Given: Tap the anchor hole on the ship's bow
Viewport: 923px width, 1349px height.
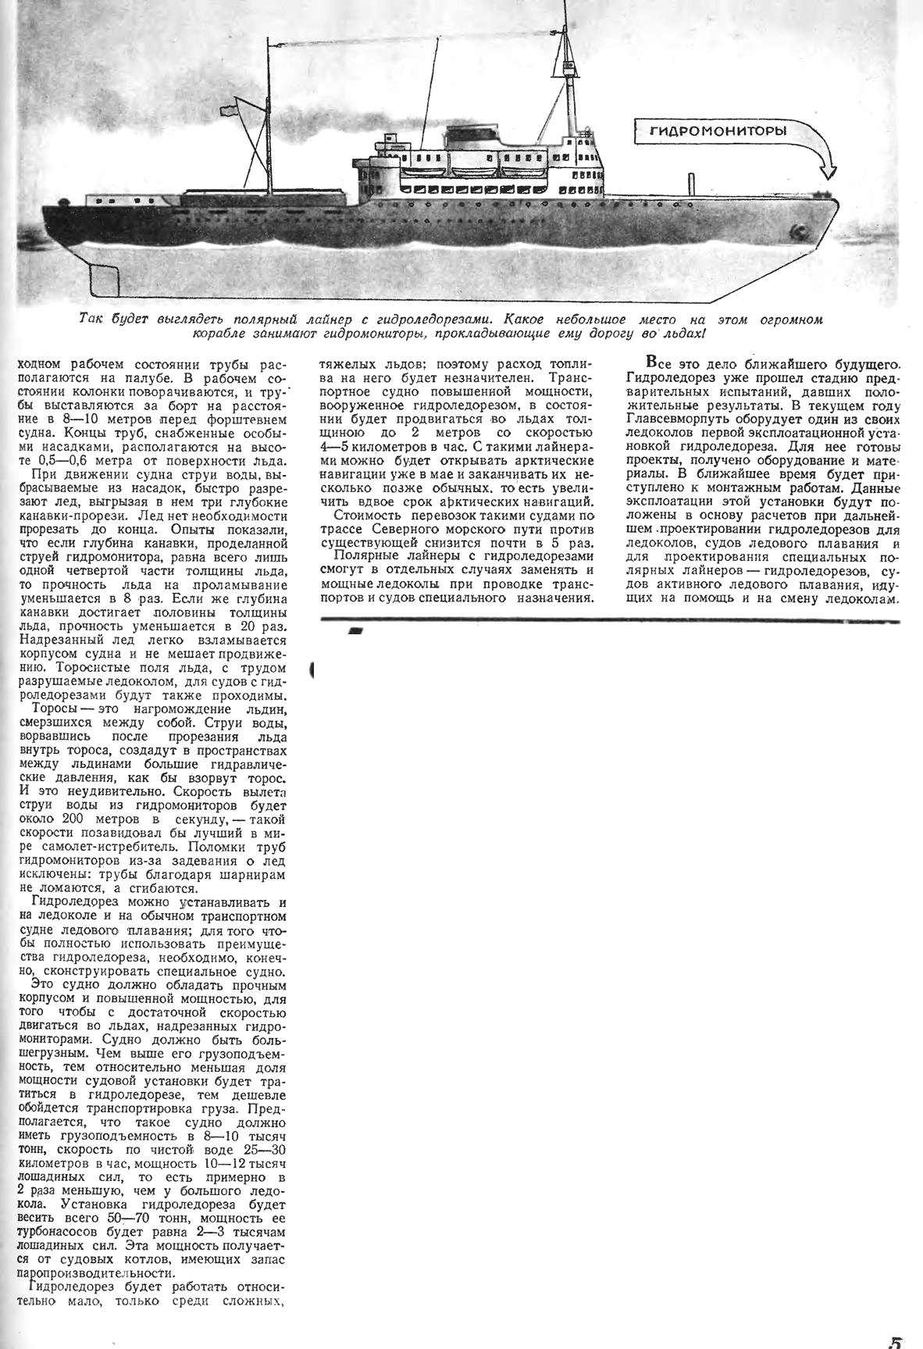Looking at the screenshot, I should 798,232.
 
